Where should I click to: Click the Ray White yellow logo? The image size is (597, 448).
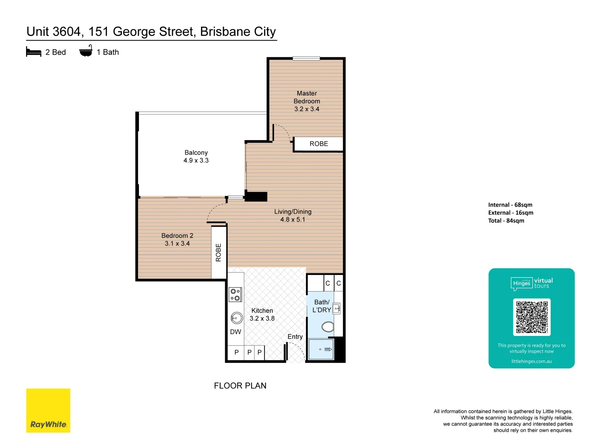48,410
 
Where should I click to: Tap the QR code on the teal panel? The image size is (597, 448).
532,317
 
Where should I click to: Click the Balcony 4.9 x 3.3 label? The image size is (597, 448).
196,156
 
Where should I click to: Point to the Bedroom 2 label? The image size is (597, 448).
177,239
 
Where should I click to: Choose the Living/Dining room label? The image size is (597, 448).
293,215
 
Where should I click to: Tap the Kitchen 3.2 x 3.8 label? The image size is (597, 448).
262,314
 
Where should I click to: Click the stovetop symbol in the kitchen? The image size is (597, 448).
235,295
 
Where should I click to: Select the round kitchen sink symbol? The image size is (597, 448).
236,318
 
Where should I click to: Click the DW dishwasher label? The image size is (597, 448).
235,332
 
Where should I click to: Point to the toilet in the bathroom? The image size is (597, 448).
328,327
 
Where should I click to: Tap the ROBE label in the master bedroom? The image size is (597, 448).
318,144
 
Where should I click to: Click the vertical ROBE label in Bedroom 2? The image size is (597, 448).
218,253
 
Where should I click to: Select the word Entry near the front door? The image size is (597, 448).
295,337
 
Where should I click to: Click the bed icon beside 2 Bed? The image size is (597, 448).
34,52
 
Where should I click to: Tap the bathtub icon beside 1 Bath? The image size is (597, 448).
86,51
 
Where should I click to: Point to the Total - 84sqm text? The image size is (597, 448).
506,221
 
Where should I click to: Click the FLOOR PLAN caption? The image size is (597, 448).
240,385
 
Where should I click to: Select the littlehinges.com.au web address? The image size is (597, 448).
531,361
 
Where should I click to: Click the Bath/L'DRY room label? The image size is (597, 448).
321,306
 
